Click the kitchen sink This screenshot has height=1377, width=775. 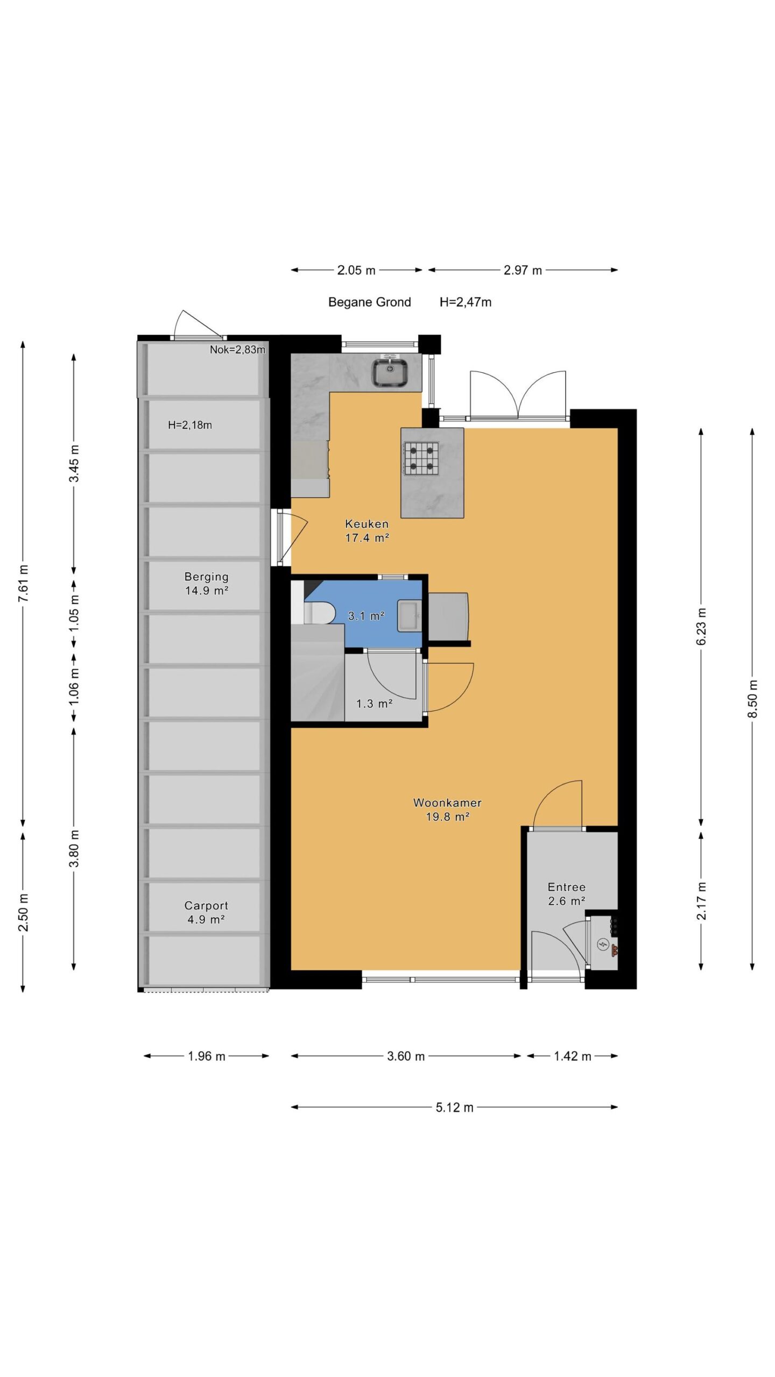[x=390, y=372]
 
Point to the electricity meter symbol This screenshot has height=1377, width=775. [x=603, y=943]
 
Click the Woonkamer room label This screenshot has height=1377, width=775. [x=447, y=803]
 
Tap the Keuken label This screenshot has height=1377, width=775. [x=367, y=523]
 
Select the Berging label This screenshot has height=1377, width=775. [x=207, y=577]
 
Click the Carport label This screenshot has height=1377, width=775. [x=206, y=905]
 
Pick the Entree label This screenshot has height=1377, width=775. [x=567, y=887]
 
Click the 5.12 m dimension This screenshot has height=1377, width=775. [x=455, y=1107]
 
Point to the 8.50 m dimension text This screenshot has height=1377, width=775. [x=752, y=699]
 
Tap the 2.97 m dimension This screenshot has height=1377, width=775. [x=523, y=270]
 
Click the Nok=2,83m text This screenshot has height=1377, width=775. [x=237, y=350]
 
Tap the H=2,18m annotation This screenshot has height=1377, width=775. [x=190, y=425]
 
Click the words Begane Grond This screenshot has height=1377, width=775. [x=370, y=302]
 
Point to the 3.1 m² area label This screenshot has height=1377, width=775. [x=366, y=616]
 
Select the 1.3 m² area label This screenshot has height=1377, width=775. [x=374, y=704]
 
